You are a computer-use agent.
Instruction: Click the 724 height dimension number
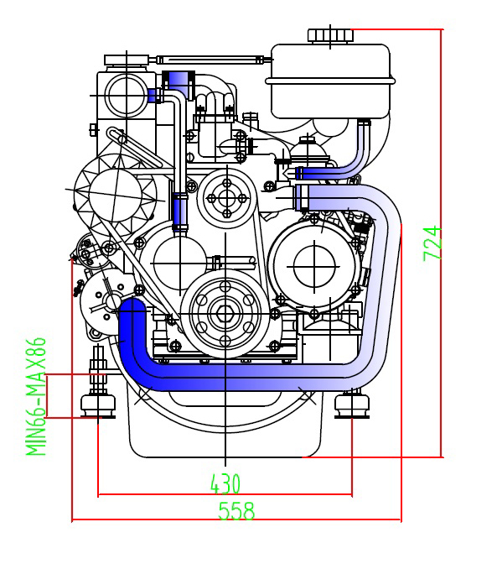[432, 243]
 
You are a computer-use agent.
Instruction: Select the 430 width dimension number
[225, 483]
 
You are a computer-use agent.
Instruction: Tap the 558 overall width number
[236, 511]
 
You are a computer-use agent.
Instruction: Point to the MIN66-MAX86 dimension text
[36, 397]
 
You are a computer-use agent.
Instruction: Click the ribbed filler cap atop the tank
[330, 35]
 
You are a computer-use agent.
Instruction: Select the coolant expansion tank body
[330, 81]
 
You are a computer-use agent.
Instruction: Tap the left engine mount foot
[98, 405]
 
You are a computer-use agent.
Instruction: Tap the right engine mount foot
[352, 405]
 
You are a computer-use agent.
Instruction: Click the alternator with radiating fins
[116, 193]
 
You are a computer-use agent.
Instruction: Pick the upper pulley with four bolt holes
[227, 198]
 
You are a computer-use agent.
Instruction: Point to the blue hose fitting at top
[178, 84]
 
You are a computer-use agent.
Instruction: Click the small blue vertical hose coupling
[180, 212]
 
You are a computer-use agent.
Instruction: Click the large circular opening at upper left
[127, 96]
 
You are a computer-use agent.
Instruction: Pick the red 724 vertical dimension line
[442, 243]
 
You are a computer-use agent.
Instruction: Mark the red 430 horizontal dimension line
[225, 494]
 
